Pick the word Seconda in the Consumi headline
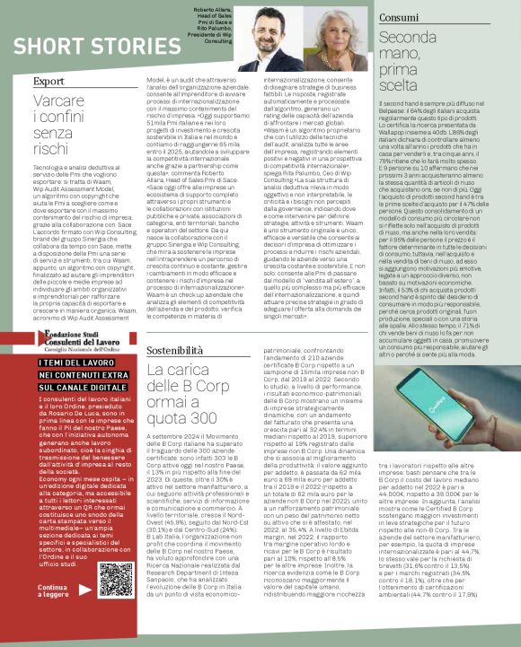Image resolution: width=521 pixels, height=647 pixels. (x=408, y=37)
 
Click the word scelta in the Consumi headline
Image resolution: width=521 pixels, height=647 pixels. (x=403, y=86)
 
